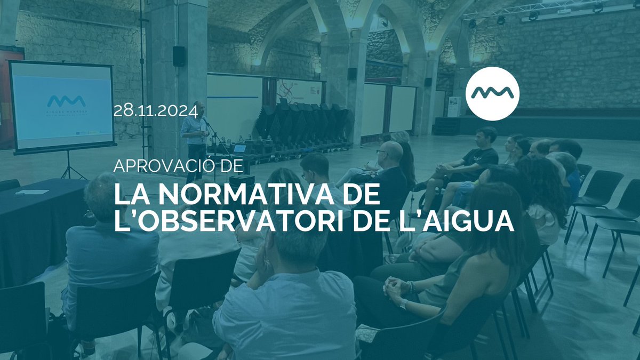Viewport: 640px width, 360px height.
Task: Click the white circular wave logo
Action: [x=492, y=94]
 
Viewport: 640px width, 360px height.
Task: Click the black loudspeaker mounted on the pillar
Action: [x=179, y=56]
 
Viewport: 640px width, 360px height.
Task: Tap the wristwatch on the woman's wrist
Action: [x=404, y=304]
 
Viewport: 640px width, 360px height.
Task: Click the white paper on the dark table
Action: [x=31, y=192]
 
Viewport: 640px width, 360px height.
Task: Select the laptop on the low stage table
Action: [x=239, y=149]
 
